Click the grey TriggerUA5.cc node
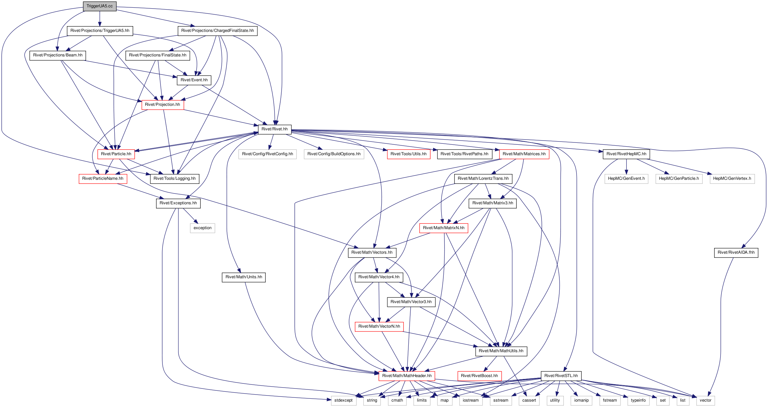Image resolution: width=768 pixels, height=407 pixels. pos(100,6)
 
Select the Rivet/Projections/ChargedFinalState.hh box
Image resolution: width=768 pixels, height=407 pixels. pos(218,31)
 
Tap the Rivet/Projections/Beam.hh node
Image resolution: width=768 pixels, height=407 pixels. pos(58,55)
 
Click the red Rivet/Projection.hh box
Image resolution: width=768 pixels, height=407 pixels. pos(162,105)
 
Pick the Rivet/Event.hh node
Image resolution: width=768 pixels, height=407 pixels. pos(194,80)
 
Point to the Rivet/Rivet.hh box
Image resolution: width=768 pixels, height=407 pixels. pos(275,129)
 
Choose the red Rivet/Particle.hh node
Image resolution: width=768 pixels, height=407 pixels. pos(116,154)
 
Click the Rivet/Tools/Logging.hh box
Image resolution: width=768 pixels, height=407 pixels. pos(175,178)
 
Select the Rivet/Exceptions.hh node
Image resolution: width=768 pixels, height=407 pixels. pos(178,203)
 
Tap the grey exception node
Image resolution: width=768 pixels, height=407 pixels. pos(203,228)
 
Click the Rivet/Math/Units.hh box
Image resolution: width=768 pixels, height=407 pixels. pos(244,277)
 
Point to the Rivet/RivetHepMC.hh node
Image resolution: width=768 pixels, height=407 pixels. pos(626,154)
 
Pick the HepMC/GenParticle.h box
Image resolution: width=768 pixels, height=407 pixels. pos(679,178)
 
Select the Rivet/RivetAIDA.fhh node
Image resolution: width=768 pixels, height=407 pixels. pos(736,252)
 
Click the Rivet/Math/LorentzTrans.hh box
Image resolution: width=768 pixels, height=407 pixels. pos(483,178)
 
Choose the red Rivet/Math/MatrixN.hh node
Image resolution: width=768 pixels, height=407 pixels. pos(444,228)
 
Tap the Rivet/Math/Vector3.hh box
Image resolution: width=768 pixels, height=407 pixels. pos(411,302)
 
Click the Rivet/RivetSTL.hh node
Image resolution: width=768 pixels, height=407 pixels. pos(561,376)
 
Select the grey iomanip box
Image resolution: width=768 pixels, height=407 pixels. pos(581,400)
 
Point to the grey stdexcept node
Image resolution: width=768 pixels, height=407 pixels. pos(343,400)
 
